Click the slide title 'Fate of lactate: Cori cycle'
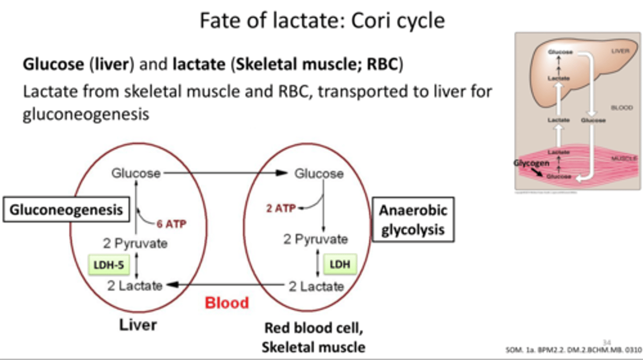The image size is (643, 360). pos(321,21)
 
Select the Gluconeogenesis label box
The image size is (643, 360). pos(66,209)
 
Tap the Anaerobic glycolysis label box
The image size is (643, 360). pos(413,220)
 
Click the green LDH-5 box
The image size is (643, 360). pos(109,265)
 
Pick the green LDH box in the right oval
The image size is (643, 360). pos(340,264)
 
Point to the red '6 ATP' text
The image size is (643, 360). pos(171,224)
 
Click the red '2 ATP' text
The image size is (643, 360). pos(281,208)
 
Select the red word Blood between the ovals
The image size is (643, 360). pos(227,303)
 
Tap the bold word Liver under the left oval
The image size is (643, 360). pos(138,325)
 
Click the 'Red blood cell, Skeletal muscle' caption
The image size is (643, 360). pos(313,337)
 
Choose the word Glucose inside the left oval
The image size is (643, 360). pos(136,173)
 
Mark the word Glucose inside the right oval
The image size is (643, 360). pos(319,173)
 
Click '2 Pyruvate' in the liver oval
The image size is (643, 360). pos(135,243)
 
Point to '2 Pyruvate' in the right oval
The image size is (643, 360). pos(316,239)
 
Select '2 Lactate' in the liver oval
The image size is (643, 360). pos(135,285)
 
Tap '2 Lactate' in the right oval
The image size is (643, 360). pos(316,286)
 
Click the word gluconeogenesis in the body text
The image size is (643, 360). pos(86,114)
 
